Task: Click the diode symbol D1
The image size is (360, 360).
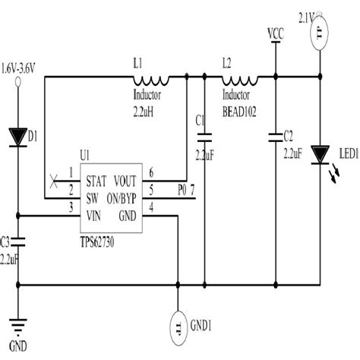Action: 18,137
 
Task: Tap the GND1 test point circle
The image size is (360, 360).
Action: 178,327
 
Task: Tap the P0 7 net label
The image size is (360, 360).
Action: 185,188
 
